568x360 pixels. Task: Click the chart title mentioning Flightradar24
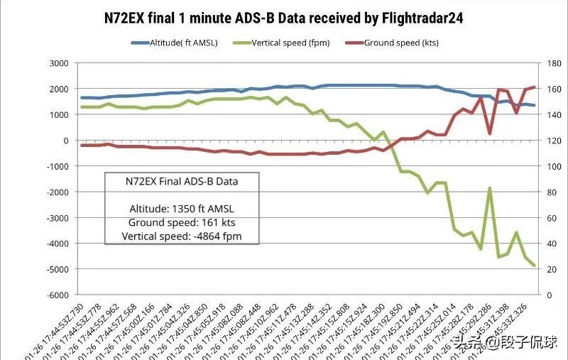(283, 18)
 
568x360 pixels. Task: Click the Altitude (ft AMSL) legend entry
(180, 43)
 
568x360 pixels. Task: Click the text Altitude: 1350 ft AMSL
(181, 209)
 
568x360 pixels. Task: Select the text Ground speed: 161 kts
(181, 222)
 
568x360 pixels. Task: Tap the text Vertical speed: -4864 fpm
(181, 236)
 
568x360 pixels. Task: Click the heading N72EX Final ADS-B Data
(181, 182)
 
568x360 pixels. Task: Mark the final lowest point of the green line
(534, 266)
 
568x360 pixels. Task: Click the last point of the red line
(534, 87)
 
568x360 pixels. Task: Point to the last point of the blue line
(534, 106)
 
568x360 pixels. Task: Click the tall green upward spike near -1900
(489, 188)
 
